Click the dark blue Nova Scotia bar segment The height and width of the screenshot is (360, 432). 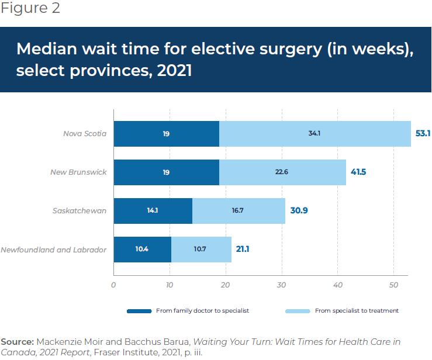click(x=167, y=134)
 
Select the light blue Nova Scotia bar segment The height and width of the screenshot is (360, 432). click(x=315, y=134)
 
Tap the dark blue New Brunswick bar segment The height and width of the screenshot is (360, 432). click(x=167, y=172)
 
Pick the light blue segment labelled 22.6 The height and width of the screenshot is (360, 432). click(x=282, y=172)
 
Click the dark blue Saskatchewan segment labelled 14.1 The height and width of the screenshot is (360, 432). click(x=153, y=211)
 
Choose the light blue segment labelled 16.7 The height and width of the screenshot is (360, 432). click(x=239, y=211)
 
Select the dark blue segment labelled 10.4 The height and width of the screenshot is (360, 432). click(x=142, y=250)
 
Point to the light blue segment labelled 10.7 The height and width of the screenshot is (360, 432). click(x=201, y=250)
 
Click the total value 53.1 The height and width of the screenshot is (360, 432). click(x=423, y=134)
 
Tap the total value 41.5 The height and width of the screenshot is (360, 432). click(x=358, y=172)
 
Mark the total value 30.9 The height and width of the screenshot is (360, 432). click(x=299, y=211)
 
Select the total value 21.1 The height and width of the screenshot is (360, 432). click(x=243, y=250)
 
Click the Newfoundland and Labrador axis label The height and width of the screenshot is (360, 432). click(x=53, y=250)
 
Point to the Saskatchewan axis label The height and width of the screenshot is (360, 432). click(x=80, y=211)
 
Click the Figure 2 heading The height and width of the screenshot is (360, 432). click(x=30, y=9)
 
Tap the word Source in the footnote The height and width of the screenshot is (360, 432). click(x=17, y=341)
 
